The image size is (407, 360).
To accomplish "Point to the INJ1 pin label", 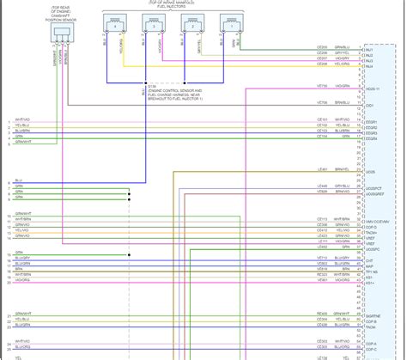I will tap(368, 50).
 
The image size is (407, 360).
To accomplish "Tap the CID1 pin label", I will tap(369, 105).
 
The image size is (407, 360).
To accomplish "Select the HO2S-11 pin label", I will tap(371, 88).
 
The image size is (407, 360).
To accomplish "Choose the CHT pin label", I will tap(369, 259).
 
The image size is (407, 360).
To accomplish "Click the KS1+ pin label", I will tap(370, 282).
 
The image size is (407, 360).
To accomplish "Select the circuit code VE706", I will tap(322, 87).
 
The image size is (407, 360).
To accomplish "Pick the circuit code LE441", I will tap(322, 169).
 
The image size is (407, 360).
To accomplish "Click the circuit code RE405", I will tap(322, 314).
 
